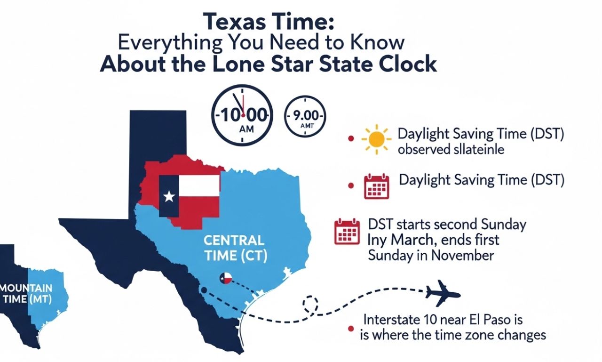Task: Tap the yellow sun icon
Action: click(x=376, y=139)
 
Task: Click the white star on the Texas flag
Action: click(x=168, y=196)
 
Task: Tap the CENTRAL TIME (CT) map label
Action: click(x=234, y=249)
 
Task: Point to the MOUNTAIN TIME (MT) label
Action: click(x=26, y=293)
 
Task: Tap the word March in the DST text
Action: click(x=413, y=240)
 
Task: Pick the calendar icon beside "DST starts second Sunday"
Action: click(x=347, y=232)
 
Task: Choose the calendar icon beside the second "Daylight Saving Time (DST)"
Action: click(x=377, y=186)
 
